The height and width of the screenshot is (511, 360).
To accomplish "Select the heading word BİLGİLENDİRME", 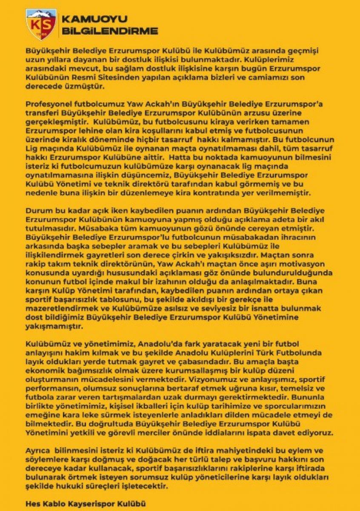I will pos(110,31).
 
